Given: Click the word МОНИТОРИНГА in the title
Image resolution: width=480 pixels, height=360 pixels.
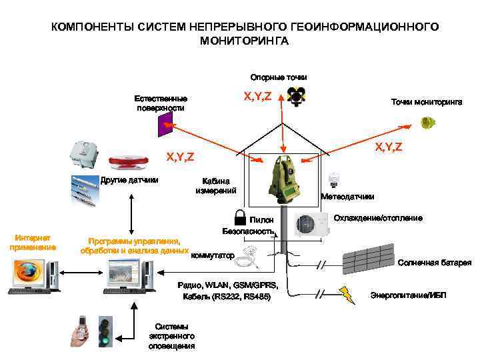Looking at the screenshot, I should click(244, 41).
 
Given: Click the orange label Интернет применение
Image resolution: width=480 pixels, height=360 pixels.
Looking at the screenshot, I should click(33, 242).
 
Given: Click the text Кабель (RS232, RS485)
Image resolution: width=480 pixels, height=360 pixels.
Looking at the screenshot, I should click(226, 296).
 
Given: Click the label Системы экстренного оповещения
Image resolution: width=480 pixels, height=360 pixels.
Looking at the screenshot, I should click(171, 336).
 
